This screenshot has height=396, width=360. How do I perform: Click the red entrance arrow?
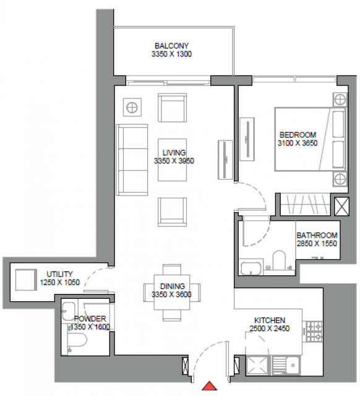(x=210, y=385)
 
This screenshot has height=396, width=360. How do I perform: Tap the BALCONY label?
(x=172, y=46)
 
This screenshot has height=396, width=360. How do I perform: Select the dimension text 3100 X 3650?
(x=298, y=143)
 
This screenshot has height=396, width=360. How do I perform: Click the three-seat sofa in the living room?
(x=132, y=160)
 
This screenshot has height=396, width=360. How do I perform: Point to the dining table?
(x=172, y=292)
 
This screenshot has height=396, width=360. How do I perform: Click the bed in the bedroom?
(x=311, y=139)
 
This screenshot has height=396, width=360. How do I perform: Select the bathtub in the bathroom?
(x=251, y=268)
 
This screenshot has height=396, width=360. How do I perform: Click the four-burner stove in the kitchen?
(x=314, y=331)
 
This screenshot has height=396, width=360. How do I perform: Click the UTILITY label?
(x=59, y=274)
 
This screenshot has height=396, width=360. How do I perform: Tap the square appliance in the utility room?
(x=25, y=280)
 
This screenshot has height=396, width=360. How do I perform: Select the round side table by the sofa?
(x=132, y=107)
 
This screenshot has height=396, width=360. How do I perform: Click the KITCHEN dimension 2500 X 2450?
(x=270, y=329)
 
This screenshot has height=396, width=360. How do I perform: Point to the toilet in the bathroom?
(x=279, y=260)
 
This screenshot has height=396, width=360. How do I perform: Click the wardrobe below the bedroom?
(x=305, y=204)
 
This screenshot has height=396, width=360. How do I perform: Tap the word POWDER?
(x=90, y=319)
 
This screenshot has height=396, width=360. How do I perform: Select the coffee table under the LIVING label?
(x=172, y=160)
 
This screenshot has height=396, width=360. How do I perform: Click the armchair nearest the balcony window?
(x=172, y=107)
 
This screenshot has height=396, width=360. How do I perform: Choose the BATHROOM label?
(x=317, y=235)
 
